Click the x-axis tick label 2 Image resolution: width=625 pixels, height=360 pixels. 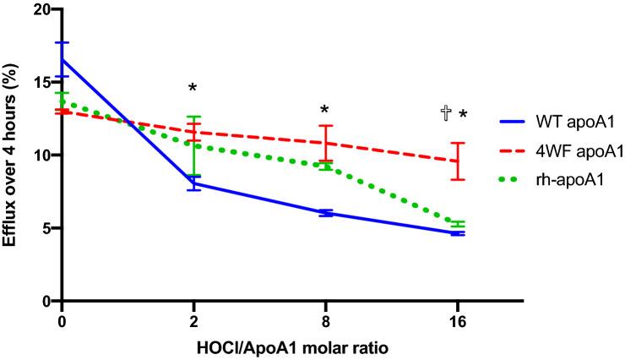tap(194, 322)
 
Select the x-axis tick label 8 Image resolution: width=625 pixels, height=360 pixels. tap(326, 322)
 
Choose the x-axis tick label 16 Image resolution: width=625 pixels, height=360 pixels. tap(458, 322)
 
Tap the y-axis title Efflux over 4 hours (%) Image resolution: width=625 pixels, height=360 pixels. tap(11, 154)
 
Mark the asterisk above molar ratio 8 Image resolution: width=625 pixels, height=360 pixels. tap(325, 111)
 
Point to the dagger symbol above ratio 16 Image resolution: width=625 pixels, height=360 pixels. tap(445, 113)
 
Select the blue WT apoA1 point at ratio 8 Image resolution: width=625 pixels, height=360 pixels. tap(326, 213)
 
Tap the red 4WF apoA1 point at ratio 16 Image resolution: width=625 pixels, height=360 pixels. tap(458, 161)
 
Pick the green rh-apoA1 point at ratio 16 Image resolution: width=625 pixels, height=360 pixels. tap(458, 224)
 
